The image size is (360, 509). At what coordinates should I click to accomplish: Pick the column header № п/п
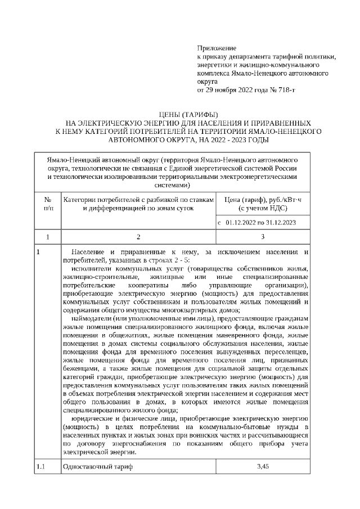[47, 204]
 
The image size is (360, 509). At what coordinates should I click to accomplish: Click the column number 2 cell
[138, 237]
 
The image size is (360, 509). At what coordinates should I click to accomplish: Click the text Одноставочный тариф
[98, 467]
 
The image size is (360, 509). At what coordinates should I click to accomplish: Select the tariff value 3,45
[263, 467]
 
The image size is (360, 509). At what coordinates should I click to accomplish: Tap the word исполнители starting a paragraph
[93, 269]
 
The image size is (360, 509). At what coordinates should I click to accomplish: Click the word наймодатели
[93, 319]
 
